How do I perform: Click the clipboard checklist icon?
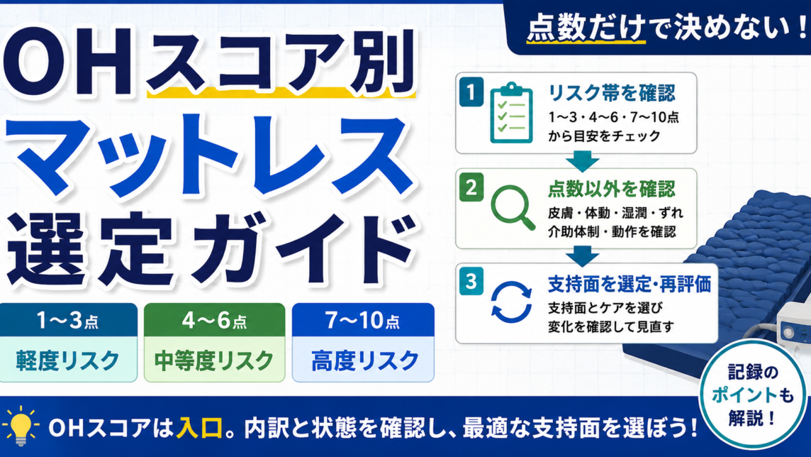pyautogui.click(x=511, y=112)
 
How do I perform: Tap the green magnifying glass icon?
pyautogui.click(x=513, y=207)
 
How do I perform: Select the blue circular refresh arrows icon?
pyautogui.click(x=511, y=302)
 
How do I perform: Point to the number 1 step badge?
pyautogui.click(x=471, y=92)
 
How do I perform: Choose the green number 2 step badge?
pyautogui.click(x=471, y=187)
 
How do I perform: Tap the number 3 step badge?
pyautogui.click(x=471, y=282)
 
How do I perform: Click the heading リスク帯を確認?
pyautogui.click(x=611, y=93)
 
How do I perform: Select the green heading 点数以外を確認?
pyautogui.click(x=611, y=189)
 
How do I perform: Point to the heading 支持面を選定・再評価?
pyautogui.click(x=630, y=284)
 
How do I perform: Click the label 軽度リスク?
pyautogui.click(x=68, y=360)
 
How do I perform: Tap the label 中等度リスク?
pyautogui.click(x=214, y=360)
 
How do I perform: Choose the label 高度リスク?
pyautogui.click(x=364, y=360)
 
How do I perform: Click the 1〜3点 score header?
pyautogui.click(x=68, y=320)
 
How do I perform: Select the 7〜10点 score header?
pyautogui.click(x=362, y=320)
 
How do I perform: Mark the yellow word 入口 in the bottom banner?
pyautogui.click(x=199, y=428)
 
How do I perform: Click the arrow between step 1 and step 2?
pyautogui.click(x=583, y=161)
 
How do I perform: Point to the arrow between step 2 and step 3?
pyautogui.click(x=583, y=255)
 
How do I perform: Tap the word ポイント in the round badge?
pyautogui.click(x=744, y=395)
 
